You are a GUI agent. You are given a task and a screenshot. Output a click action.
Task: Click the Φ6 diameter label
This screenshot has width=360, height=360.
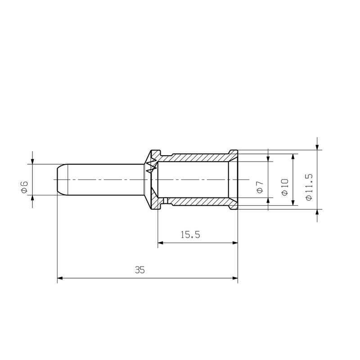[24, 186]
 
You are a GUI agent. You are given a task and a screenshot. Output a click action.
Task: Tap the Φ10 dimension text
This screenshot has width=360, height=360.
[284, 186]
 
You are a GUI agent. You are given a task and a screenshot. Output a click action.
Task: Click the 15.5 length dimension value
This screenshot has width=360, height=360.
[190, 235]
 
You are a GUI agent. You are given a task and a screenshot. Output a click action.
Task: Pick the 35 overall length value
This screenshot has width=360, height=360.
[139, 270]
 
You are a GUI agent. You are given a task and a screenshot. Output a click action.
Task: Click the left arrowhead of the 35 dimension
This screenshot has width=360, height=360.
[60, 279]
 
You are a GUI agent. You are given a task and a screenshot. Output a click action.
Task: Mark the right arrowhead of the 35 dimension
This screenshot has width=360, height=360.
[235, 279]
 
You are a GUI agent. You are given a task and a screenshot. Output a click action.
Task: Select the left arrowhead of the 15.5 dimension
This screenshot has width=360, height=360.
[161, 243]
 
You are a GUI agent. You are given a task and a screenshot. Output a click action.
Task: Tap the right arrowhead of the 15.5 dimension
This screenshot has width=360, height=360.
[235, 243]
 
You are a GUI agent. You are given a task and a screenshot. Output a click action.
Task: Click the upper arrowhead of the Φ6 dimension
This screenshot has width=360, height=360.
[32, 162]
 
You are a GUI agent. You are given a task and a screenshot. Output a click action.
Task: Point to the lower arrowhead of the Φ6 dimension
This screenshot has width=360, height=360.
[32, 198]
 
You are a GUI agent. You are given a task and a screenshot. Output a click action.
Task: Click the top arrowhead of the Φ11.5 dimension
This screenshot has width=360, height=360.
[317, 147]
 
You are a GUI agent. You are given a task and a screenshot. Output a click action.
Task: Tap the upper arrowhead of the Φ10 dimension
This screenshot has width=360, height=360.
[293, 156]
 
